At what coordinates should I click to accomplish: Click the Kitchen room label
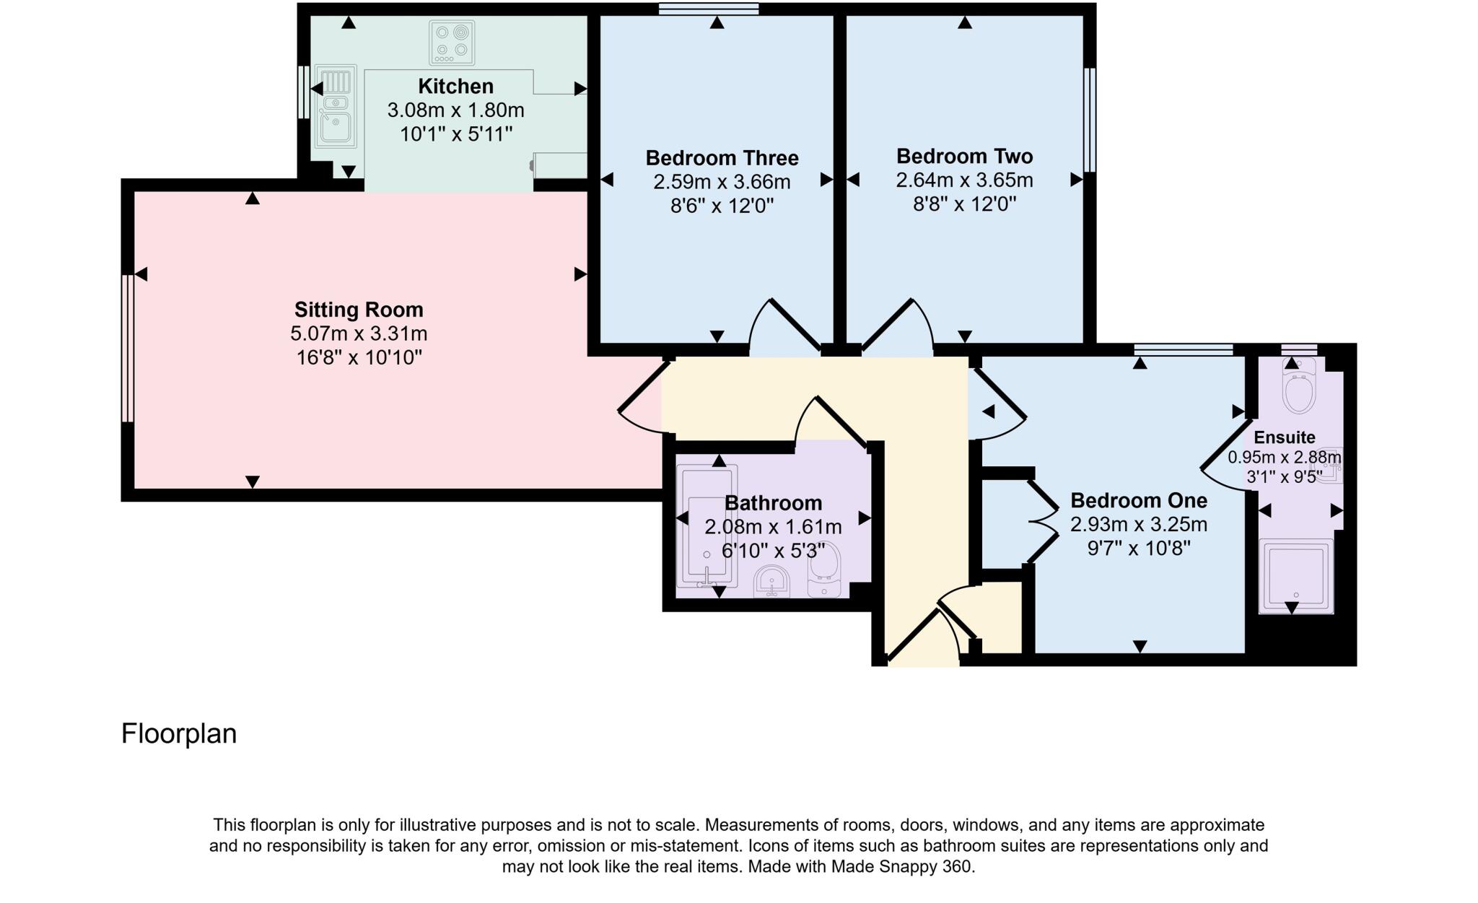[455, 87]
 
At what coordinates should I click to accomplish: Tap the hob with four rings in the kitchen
[452, 42]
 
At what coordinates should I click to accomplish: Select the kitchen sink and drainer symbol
[336, 106]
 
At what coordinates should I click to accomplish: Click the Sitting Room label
[359, 310]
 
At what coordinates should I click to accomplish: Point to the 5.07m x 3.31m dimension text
[359, 333]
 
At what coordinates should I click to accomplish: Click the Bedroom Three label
[722, 158]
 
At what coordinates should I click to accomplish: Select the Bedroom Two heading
[964, 156]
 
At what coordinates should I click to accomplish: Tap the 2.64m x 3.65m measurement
[964, 180]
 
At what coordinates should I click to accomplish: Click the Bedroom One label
[1138, 500]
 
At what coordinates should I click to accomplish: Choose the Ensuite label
[1284, 437]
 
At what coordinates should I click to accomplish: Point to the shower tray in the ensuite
[1296, 575]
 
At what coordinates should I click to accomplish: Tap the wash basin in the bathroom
[771, 582]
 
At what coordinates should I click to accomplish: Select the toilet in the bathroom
[824, 570]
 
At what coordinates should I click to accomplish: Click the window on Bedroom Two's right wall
[1090, 120]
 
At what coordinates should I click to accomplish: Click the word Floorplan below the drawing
[179, 733]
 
